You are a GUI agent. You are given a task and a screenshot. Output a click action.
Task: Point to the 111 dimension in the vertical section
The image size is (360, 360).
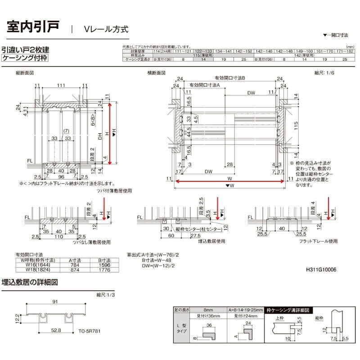[61, 85]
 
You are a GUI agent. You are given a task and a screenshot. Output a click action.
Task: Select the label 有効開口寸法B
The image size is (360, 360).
[229, 78]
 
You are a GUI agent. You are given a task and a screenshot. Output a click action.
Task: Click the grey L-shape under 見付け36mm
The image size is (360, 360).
[208, 335]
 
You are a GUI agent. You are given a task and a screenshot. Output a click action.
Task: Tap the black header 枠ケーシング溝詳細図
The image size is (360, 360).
[288, 310]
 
